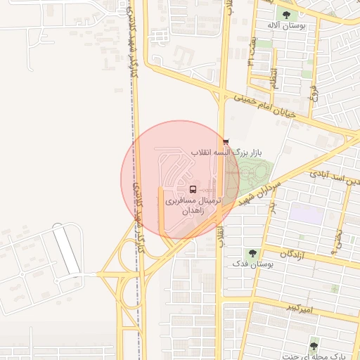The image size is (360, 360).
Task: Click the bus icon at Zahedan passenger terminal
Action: click(x=193, y=189)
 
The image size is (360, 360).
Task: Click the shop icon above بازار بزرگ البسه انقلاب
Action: click(x=226, y=141)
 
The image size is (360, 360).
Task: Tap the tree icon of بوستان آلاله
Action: click(x=286, y=14)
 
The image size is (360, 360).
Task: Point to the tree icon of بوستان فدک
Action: click(x=251, y=252)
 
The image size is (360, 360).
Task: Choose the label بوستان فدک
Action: click(x=250, y=264)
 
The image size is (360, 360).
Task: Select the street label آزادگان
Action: click(x=296, y=253)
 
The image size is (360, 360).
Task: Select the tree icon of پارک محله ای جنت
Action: click(x=314, y=342)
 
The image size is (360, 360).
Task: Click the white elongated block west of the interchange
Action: click(x=67, y=249)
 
